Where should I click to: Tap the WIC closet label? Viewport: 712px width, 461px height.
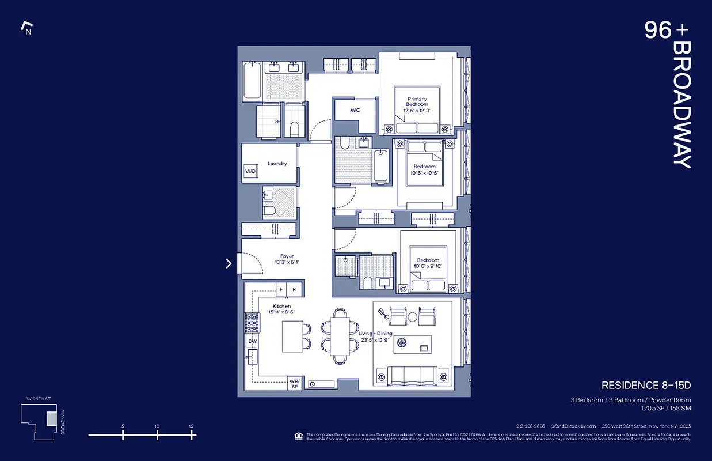pyautogui.click(x=355, y=110)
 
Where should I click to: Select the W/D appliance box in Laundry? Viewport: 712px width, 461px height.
pyautogui.click(x=250, y=172)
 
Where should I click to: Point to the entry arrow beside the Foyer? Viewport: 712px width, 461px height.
pyautogui.click(x=229, y=263)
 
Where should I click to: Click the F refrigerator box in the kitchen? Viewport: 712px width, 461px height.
pyautogui.click(x=282, y=289)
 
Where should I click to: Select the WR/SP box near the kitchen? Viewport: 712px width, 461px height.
pyautogui.click(x=294, y=384)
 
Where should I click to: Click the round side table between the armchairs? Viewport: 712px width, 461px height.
pyautogui.click(x=412, y=316)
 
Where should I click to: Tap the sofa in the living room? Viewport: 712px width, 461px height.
pyautogui.click(x=412, y=376)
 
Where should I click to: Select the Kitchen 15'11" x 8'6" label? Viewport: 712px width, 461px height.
pyautogui.click(x=282, y=309)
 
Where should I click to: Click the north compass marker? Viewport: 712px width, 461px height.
pyautogui.click(x=26, y=27)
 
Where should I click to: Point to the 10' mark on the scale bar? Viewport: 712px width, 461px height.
pyautogui.click(x=157, y=434)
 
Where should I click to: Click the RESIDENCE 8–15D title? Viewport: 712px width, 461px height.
pyautogui.click(x=646, y=385)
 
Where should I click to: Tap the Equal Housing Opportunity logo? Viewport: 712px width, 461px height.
pyautogui.click(x=298, y=435)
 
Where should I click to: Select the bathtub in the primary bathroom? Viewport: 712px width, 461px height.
pyautogui.click(x=252, y=80)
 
